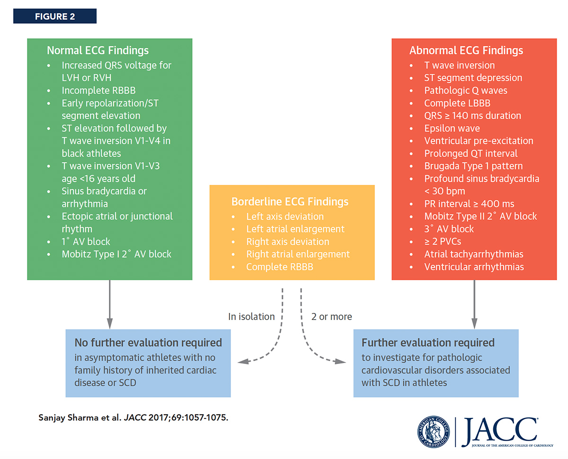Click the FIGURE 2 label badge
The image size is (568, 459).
pos(54,17)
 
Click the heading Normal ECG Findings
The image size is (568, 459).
pos(98,51)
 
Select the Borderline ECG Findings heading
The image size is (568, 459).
pos(290,202)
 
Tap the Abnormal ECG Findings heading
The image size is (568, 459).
pos(466,51)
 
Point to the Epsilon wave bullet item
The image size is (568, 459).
pos(452,128)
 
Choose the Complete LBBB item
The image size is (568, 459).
pos(457,103)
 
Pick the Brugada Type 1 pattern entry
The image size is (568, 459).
pos(467,166)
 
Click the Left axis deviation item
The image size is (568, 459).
pos(285,217)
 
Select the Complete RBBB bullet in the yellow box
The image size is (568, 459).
pos(279,267)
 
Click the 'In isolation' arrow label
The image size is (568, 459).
pos(251,317)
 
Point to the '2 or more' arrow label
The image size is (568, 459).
pos(331,317)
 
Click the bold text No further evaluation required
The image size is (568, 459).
pos(148,342)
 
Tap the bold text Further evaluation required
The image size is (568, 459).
pos(428,342)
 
